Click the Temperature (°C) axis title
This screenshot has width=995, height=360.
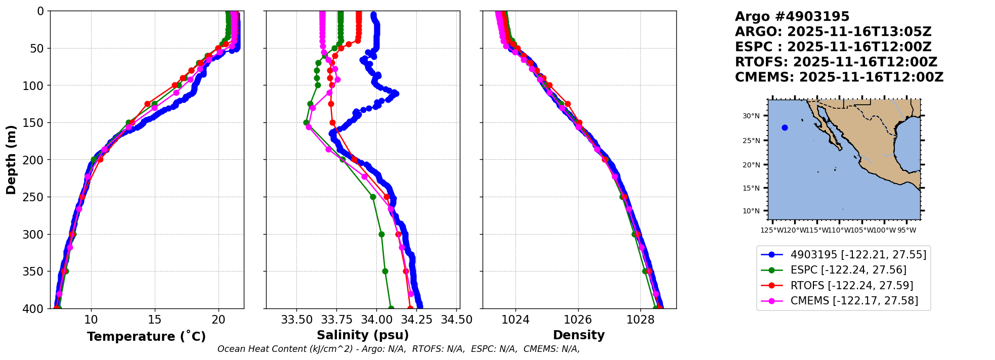tap(146, 337)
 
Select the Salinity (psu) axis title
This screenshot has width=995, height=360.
tap(363, 335)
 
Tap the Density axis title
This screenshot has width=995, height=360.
tap(579, 335)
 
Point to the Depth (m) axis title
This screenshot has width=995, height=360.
tap(11, 160)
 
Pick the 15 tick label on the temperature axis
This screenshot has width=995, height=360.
tap(155, 320)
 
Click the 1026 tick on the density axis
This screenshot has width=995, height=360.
tap(578, 320)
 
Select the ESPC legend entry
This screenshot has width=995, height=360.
tap(848, 270)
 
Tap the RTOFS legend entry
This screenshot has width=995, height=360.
tap(852, 286)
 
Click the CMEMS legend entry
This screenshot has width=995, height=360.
tap(854, 301)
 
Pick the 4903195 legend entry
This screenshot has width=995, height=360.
tap(858, 255)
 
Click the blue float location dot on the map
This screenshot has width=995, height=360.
tap(785, 128)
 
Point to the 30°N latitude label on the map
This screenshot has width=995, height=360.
tap(751, 116)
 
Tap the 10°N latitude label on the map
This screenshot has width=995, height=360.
tap(751, 211)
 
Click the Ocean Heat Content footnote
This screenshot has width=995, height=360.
tap(399, 349)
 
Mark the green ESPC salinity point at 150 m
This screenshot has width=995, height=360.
tap(306, 122)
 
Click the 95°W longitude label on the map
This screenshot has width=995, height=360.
tap(906, 231)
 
